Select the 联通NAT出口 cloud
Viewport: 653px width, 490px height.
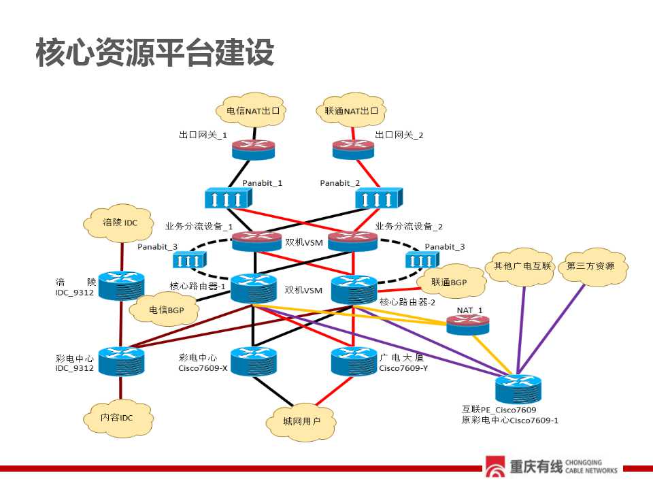351,110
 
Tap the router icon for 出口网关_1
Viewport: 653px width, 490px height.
253,150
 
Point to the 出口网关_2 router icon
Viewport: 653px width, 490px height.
353,150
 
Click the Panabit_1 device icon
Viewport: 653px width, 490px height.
229,198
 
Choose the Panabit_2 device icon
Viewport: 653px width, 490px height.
379,198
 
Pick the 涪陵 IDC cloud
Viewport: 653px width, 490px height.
119,223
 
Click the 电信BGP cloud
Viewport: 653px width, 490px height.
165,310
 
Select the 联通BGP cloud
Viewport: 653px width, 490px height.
450,282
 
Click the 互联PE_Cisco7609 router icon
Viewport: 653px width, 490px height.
518,389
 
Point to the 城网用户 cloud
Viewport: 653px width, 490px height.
301,421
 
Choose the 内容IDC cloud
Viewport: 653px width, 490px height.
118,418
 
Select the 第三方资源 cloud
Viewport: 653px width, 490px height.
591,267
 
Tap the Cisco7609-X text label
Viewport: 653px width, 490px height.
203,368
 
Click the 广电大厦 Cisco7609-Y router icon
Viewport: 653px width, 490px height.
354,361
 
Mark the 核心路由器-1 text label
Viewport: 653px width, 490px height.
197,286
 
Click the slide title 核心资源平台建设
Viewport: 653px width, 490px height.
155,52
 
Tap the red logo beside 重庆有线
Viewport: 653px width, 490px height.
495,466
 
